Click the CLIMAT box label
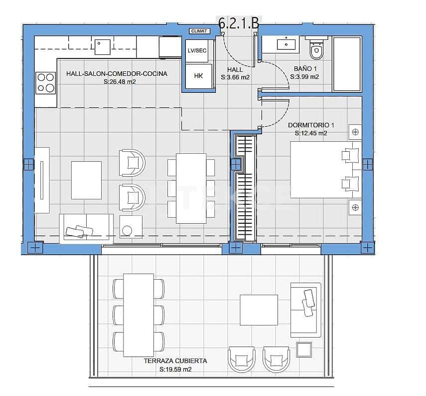point(199,31)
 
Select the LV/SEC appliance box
point(197,51)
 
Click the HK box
point(198,76)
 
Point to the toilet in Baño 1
point(316,49)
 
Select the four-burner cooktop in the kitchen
point(46,83)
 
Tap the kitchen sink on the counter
point(104,46)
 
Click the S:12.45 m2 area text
point(310,133)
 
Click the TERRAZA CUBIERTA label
point(175,361)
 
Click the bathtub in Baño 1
point(347,63)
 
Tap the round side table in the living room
point(127,230)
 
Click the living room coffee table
point(87,180)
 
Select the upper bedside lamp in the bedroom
point(355,132)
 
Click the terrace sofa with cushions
point(305,308)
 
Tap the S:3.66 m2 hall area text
point(235,77)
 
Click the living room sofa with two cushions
point(86,228)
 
